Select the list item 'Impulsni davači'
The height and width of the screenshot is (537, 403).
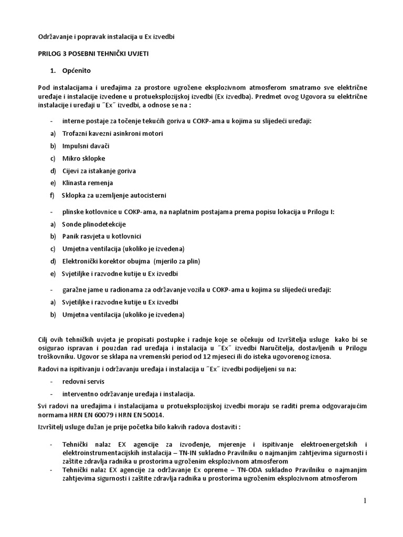point(86,146)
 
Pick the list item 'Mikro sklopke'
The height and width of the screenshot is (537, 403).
point(84,158)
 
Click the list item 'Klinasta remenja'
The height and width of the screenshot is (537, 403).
point(88,183)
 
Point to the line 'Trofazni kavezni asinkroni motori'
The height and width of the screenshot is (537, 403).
point(113,134)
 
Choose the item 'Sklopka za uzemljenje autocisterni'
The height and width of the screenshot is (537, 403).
point(114,196)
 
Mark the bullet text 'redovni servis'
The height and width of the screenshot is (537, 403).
point(83,382)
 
